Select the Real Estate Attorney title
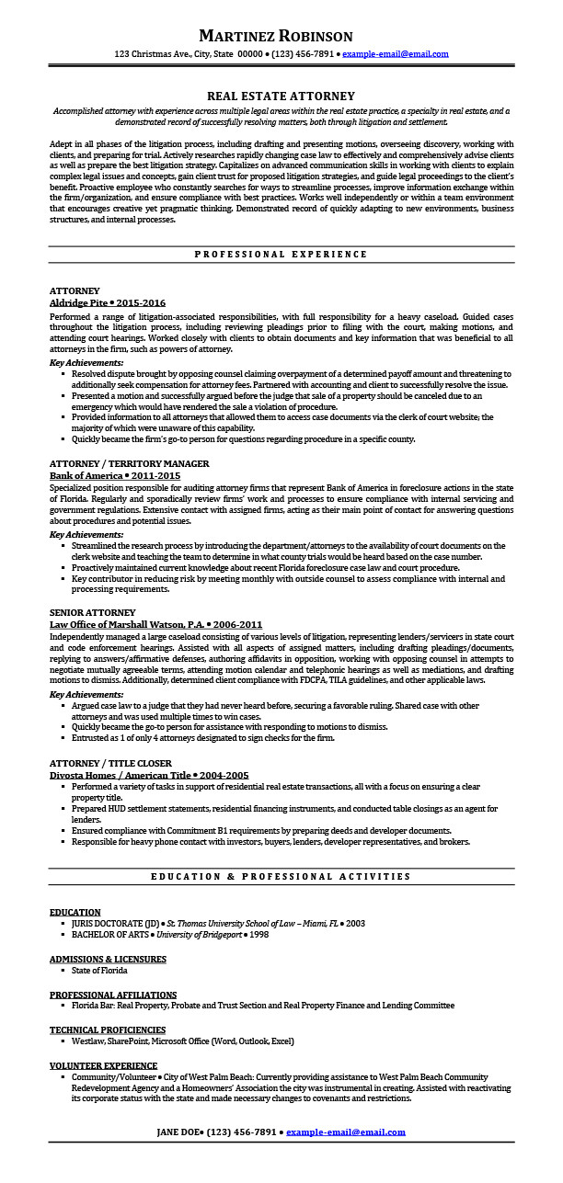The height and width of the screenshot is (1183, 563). tap(281, 96)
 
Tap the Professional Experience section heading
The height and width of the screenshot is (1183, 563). tap(281, 254)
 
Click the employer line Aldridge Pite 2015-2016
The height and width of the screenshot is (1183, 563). tap(108, 302)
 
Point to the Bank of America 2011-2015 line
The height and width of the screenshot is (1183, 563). tap(115, 475)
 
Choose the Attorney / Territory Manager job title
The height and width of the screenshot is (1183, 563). tap(129, 463)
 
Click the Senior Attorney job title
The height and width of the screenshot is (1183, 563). tap(92, 612)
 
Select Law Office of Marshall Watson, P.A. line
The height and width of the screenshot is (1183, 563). tap(155, 624)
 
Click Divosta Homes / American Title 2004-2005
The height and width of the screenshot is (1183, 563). tap(149, 775)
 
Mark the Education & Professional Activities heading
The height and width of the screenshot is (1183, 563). tap(281, 877)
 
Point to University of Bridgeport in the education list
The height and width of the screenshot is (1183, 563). tap(199, 934)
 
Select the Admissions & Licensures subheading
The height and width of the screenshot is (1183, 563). tap(108, 959)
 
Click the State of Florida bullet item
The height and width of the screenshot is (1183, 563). tap(99, 970)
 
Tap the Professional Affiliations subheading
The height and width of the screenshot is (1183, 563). tap(113, 995)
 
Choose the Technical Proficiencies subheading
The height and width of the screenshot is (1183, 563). tap(108, 1029)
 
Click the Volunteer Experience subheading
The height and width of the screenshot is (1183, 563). tap(103, 1065)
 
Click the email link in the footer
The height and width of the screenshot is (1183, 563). tap(345, 1132)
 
